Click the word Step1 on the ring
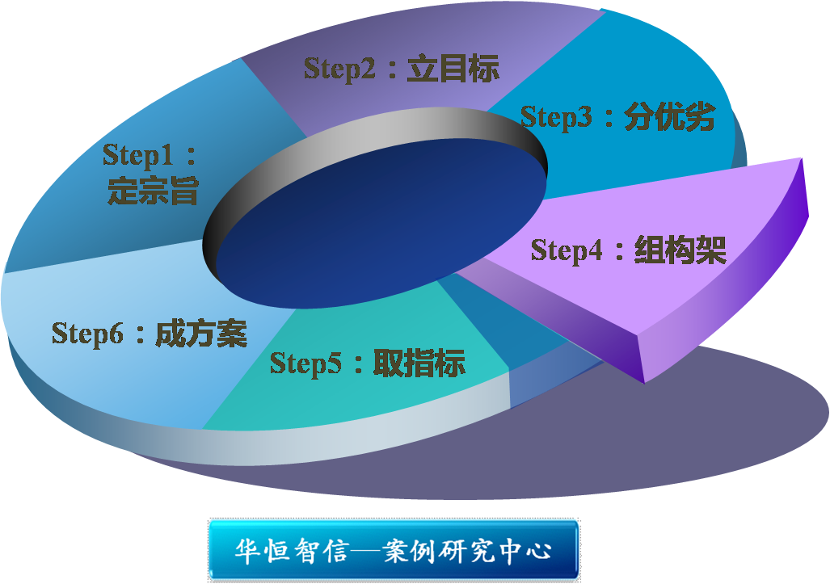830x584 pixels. pyautogui.click(x=138, y=156)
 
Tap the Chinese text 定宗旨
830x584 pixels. pyautogui.click(x=153, y=191)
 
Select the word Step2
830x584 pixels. pyautogui.click(x=339, y=69)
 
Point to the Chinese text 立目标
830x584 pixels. pyautogui.click(x=453, y=69)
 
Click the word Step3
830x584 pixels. pyautogui.click(x=556, y=117)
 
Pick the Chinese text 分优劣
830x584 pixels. pyautogui.click(x=670, y=116)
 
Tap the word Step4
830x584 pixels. pyautogui.click(x=567, y=250)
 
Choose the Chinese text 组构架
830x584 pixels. pyautogui.click(x=680, y=250)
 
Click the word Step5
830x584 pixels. pyautogui.click(x=306, y=363)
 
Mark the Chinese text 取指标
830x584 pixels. pyautogui.click(x=419, y=363)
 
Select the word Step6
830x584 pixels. pyautogui.click(x=87, y=334)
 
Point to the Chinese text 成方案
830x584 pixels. pyautogui.click(x=201, y=334)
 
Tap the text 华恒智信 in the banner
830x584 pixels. pyautogui.click(x=292, y=551)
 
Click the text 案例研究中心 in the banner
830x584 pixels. pyautogui.click(x=467, y=551)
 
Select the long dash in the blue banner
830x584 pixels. pyautogui.click(x=366, y=552)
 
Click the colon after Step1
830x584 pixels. pyautogui.click(x=191, y=156)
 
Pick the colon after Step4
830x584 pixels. pyautogui.click(x=619, y=251)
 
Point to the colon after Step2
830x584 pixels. pyautogui.click(x=392, y=70)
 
